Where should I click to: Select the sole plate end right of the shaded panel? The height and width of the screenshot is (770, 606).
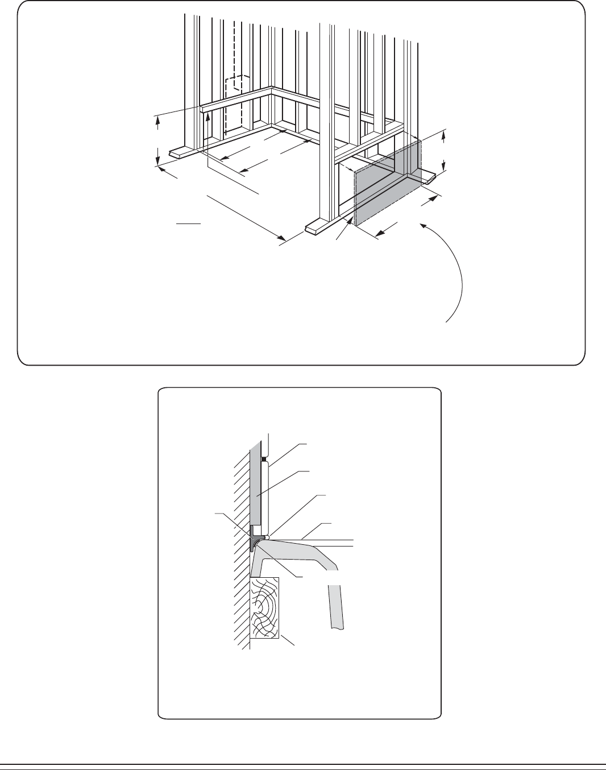point(430,179)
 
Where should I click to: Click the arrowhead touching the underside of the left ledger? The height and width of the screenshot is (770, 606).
point(209,116)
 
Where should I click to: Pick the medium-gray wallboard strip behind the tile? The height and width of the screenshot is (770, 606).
point(256,489)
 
